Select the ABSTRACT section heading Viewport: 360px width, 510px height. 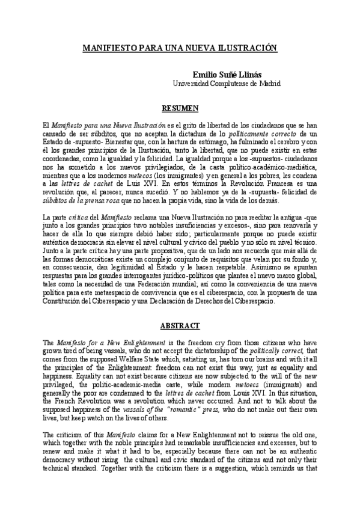point(179,325)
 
